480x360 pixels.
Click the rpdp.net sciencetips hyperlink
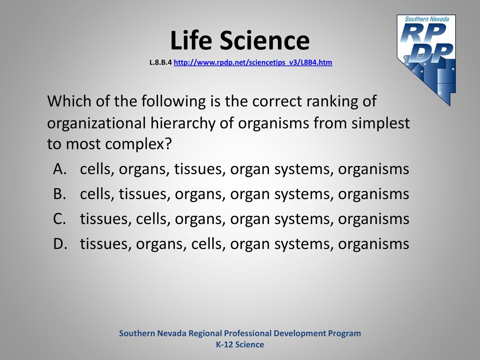pyautogui.click(x=253, y=62)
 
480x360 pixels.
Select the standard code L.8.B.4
pyautogui.click(x=160, y=62)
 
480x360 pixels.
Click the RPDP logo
pyautogui.click(x=427, y=60)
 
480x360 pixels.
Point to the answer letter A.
pyautogui.click(x=60, y=169)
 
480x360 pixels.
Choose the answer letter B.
pyautogui.click(x=60, y=194)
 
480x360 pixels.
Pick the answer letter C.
pyautogui.click(x=60, y=219)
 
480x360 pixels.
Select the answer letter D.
pyautogui.click(x=60, y=244)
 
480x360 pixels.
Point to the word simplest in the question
pyautogui.click(x=381, y=123)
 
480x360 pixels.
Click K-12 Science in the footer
pyautogui.click(x=240, y=345)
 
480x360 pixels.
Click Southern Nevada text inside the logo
pyautogui.click(x=427, y=19)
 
